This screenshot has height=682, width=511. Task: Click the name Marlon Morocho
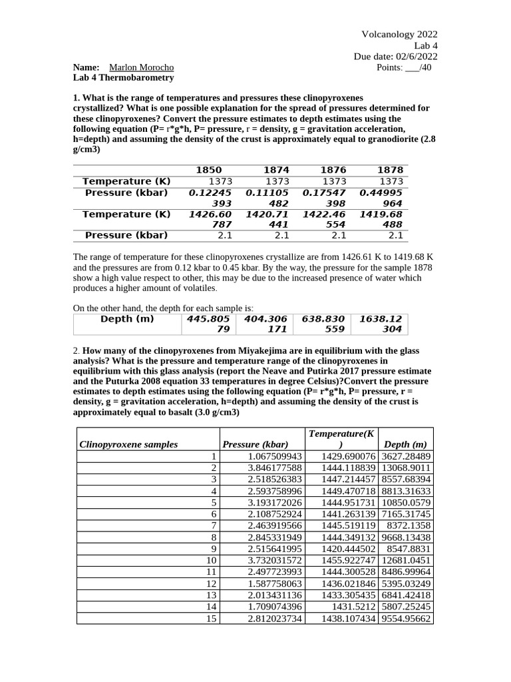click(x=141, y=67)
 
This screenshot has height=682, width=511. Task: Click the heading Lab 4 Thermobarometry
click(x=123, y=77)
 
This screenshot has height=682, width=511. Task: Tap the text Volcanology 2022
click(x=399, y=35)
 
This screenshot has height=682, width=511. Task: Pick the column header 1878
click(x=390, y=170)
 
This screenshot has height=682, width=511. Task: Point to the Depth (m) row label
click(x=126, y=319)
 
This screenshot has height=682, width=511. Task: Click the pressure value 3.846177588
click(x=275, y=468)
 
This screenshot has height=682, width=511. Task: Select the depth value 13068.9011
click(x=406, y=468)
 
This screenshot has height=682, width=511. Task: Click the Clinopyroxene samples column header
click(x=128, y=444)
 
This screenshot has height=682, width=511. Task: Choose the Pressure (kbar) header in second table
click(x=255, y=444)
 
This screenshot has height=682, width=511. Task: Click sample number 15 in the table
click(x=212, y=619)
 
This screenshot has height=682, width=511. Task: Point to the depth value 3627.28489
click(x=406, y=456)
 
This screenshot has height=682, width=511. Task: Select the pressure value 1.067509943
click(x=275, y=456)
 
